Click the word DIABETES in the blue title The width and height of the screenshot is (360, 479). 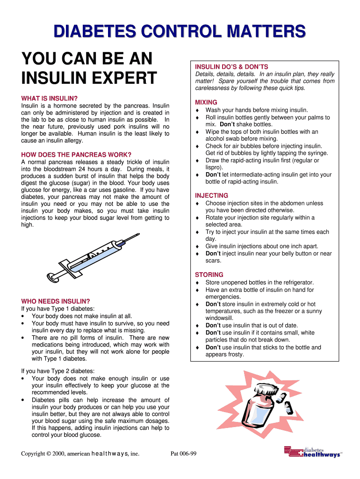coord(94,31)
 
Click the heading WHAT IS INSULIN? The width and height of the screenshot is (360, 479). coord(49,98)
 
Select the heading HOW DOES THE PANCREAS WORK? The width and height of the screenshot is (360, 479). coord(76,154)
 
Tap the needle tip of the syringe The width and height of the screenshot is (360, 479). coord(139,234)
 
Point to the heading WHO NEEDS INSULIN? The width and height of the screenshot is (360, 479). coord(56,301)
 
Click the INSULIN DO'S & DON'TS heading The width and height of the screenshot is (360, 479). coord(231,67)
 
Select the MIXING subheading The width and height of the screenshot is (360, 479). coord(206,102)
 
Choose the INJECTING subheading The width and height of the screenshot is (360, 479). coord(212,196)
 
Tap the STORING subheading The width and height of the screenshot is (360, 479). coord(209,275)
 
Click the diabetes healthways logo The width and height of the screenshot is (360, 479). coord(313,452)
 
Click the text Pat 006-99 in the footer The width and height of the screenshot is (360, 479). coord(183,454)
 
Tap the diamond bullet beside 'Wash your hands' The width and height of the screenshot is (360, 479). coord(197,110)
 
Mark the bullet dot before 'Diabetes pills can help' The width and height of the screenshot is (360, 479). coord(23,400)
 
